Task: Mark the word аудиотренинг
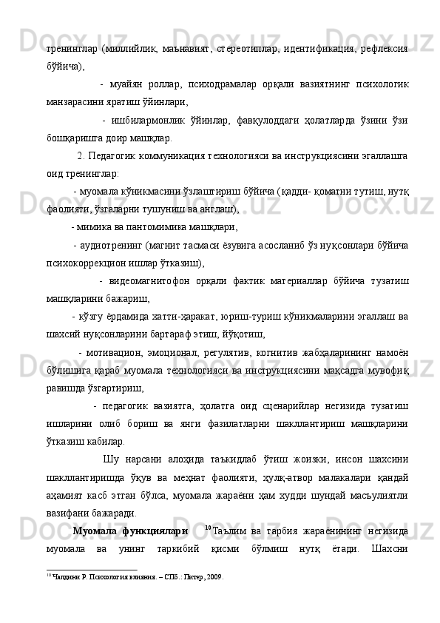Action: [x=110, y=244]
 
